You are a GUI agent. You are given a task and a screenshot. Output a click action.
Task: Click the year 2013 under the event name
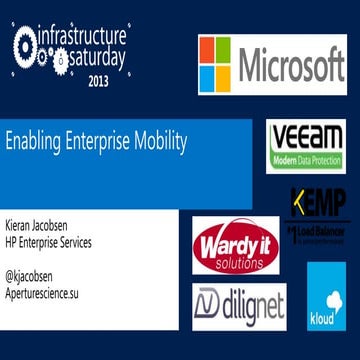(98, 82)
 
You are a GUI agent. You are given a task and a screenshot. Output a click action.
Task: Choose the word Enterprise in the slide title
(95, 141)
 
